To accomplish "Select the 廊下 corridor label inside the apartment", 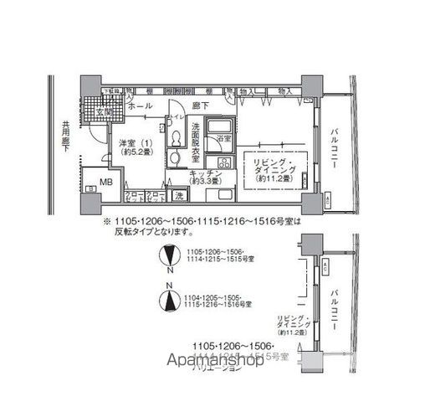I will (199, 106).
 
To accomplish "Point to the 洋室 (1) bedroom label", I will (128, 142).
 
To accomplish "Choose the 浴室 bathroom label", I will (223, 137).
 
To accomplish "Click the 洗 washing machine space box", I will (179, 197).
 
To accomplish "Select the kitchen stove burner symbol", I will (225, 161).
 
